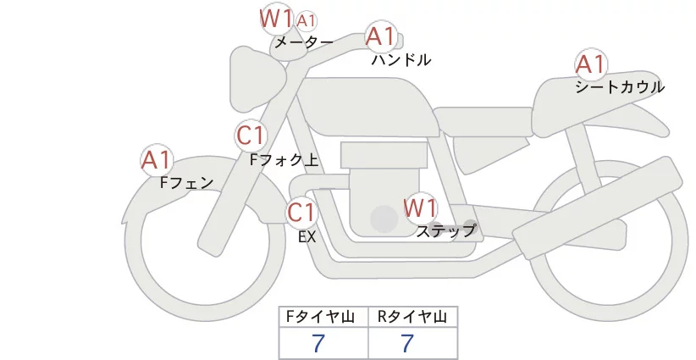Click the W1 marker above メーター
276,18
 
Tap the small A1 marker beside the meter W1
308,19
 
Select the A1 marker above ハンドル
380,36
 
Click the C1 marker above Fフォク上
251,135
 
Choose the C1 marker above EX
301,212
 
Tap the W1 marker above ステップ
420,208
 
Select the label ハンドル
401,60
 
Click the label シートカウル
620,87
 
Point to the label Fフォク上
284,158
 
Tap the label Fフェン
187,181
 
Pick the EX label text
307,237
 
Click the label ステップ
446,230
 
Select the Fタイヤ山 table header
323,317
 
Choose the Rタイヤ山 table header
412,317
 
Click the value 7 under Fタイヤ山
318,342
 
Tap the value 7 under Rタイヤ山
407,342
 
